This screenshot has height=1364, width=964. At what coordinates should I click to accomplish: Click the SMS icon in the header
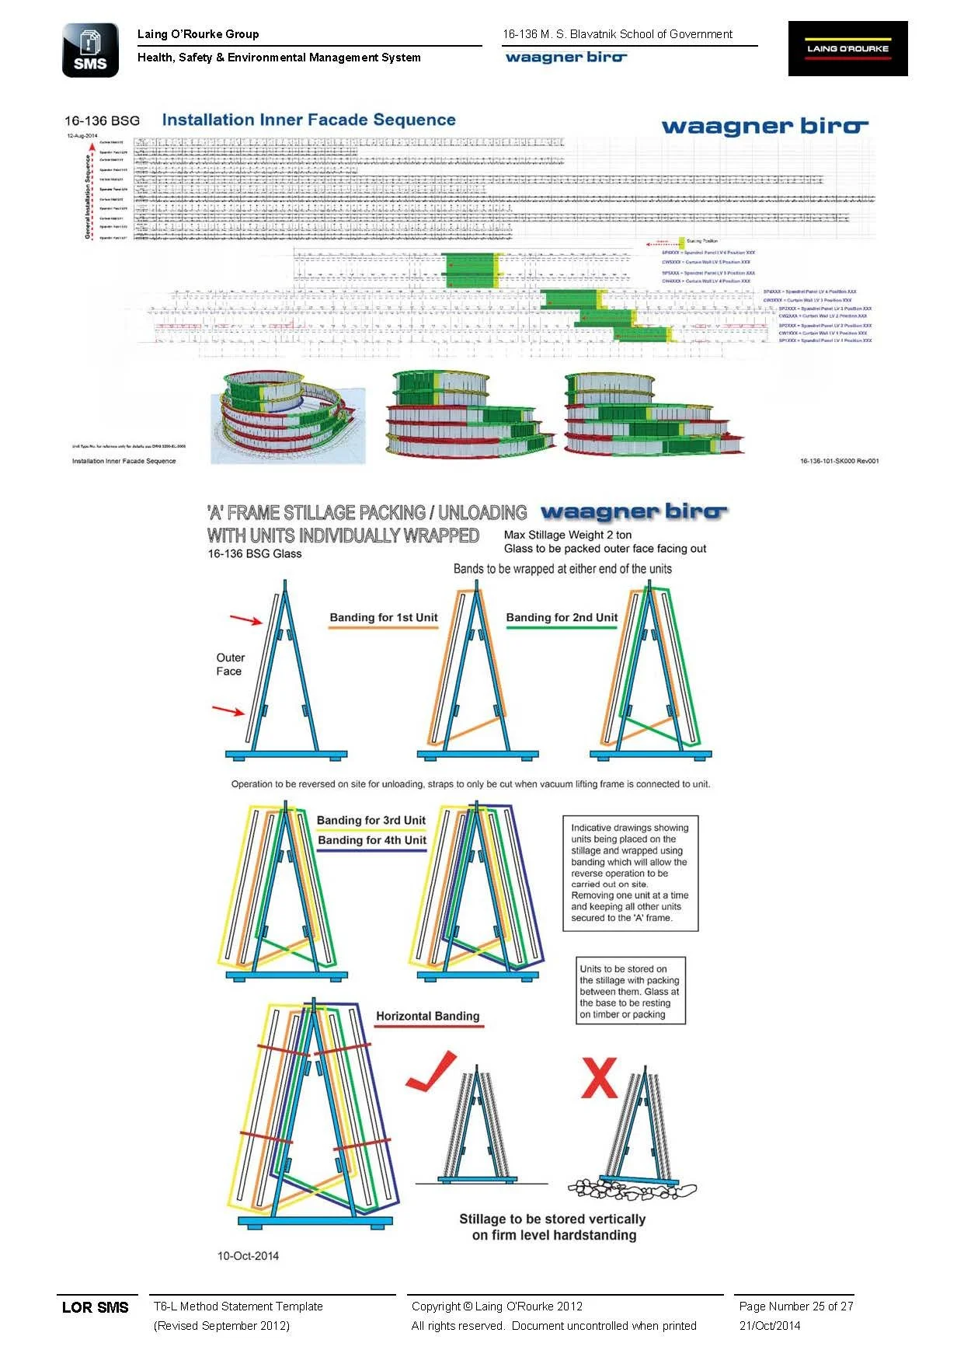90,51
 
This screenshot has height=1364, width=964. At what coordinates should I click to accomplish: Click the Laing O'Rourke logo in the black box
847,48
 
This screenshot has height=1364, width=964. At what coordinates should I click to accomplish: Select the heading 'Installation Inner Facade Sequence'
308,120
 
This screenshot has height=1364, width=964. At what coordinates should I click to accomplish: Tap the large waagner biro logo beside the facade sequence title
764,126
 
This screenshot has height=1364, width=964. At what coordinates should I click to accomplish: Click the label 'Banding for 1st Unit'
384,618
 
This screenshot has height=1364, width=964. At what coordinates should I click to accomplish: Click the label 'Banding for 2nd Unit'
562,618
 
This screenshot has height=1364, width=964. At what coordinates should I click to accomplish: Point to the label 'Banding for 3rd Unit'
371,820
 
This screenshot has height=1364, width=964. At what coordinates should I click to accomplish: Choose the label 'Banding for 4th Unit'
372,840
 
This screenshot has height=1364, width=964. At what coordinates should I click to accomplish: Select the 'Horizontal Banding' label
427,1016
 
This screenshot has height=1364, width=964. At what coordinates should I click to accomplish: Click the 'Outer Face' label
230,665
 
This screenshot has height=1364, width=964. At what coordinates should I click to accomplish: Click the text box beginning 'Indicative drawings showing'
630,873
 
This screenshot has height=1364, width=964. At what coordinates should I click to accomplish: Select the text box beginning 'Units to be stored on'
630,991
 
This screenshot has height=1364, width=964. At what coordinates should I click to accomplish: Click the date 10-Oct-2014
248,1255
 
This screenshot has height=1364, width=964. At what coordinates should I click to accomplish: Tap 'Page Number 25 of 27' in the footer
796,1306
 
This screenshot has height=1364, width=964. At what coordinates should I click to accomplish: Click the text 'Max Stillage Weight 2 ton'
568,535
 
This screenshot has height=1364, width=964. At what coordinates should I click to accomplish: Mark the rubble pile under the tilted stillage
631,1189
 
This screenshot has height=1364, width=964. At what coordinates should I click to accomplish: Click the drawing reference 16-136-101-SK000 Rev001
839,461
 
